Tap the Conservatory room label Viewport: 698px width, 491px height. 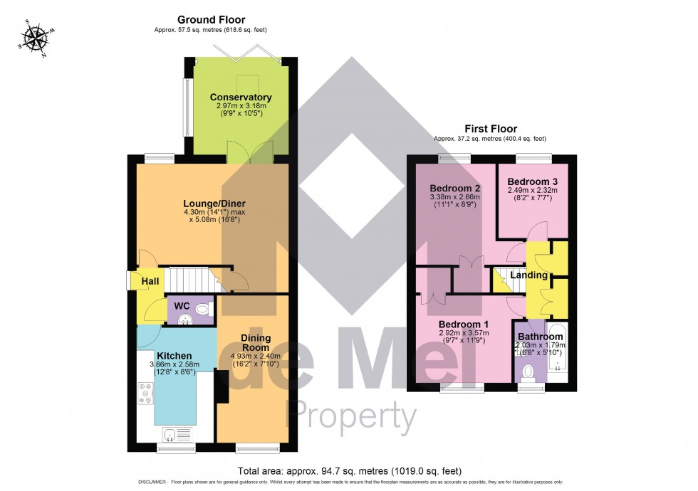point(241,97)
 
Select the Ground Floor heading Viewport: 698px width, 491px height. point(212,19)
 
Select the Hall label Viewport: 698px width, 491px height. point(150,282)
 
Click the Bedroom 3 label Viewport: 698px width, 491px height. point(531,181)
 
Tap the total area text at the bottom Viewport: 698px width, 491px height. point(349,471)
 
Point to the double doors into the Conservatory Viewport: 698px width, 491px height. point(249,152)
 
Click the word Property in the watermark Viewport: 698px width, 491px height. point(350,416)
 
